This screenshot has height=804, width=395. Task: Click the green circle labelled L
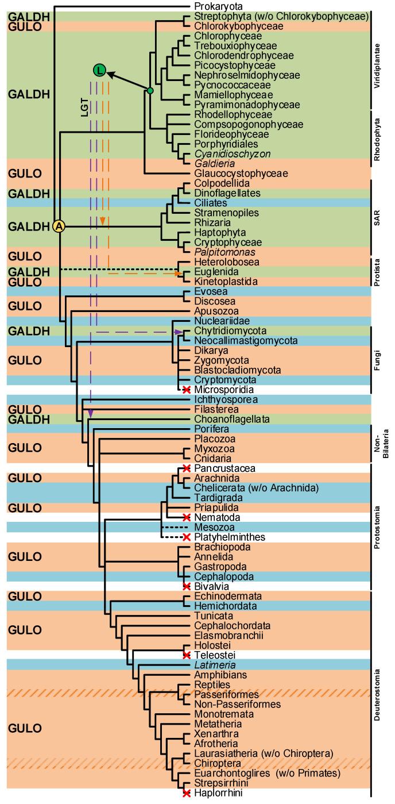(100, 71)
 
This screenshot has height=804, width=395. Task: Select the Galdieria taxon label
(211, 163)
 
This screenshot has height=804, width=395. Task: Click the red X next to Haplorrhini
(187, 794)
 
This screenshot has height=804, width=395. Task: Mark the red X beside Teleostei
(187, 655)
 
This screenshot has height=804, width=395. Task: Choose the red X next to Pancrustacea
(187, 469)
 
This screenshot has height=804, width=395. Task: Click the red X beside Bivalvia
(187, 586)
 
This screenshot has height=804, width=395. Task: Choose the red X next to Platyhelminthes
(187, 537)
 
